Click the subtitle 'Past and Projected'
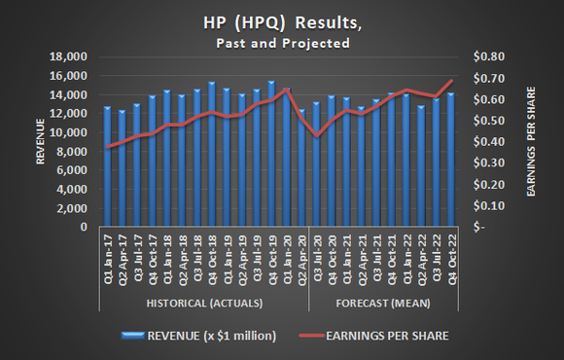(x=282, y=44)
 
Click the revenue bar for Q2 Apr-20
(x=301, y=167)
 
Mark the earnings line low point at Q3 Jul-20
(x=316, y=136)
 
